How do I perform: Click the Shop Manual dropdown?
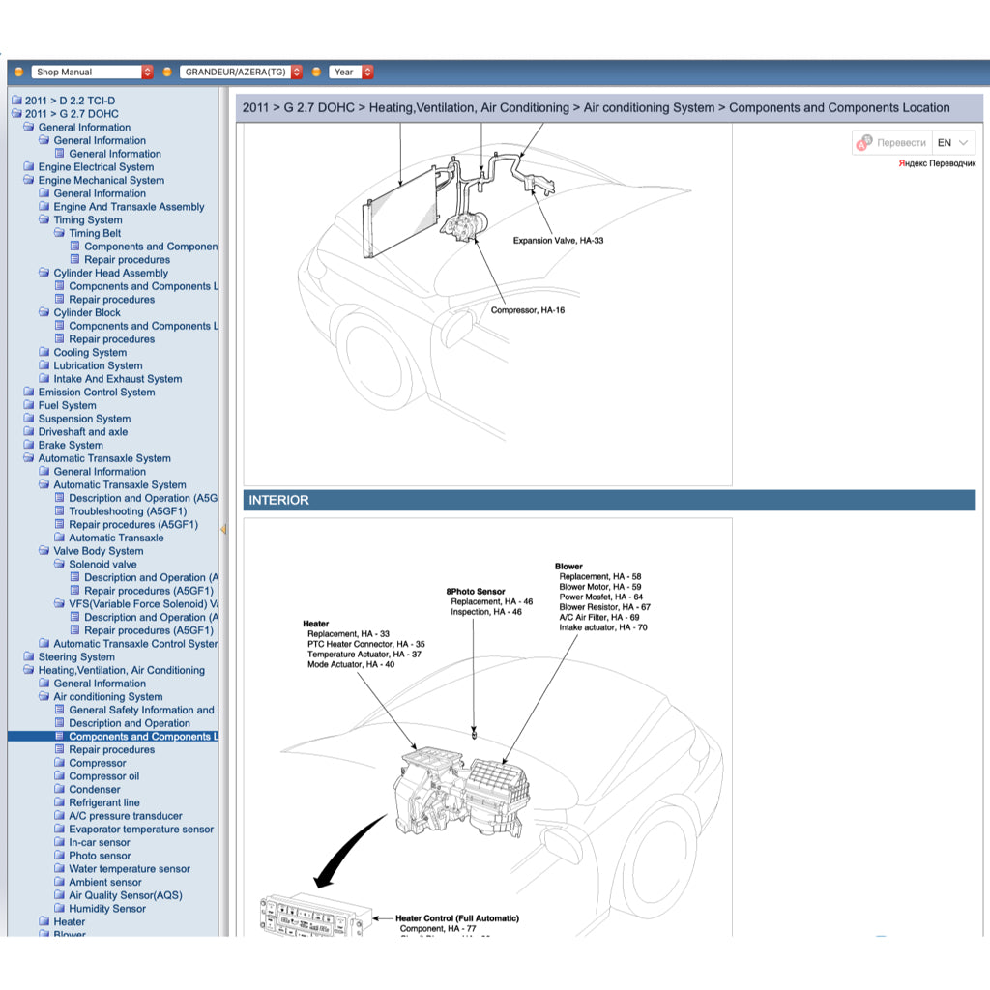tap(92, 72)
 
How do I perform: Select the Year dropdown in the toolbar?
tap(351, 72)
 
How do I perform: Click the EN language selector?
tap(952, 143)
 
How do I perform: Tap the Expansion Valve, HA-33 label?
tap(558, 241)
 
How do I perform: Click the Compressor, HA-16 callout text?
tap(527, 310)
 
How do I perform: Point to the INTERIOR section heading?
tap(279, 500)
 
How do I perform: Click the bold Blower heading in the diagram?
tap(568, 567)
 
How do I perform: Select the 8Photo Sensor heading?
tap(475, 591)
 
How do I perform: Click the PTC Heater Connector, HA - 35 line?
tap(365, 644)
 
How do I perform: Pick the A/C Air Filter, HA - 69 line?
tap(598, 617)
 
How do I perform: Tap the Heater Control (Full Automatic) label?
tap(457, 918)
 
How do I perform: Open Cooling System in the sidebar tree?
tap(90, 353)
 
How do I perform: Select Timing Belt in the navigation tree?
tap(95, 233)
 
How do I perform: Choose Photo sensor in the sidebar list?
tap(100, 856)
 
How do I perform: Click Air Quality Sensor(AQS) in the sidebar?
tap(125, 895)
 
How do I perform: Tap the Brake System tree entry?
tap(71, 446)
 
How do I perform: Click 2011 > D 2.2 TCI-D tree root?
tap(70, 101)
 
